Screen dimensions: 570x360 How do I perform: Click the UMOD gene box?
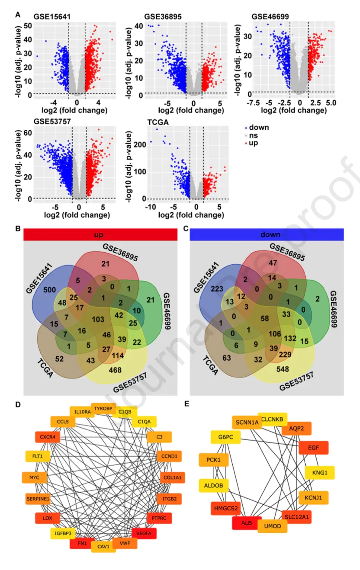pos(272,526)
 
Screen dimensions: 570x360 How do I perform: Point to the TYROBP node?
pos(103,408)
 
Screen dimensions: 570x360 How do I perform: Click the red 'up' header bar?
pos(100,234)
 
